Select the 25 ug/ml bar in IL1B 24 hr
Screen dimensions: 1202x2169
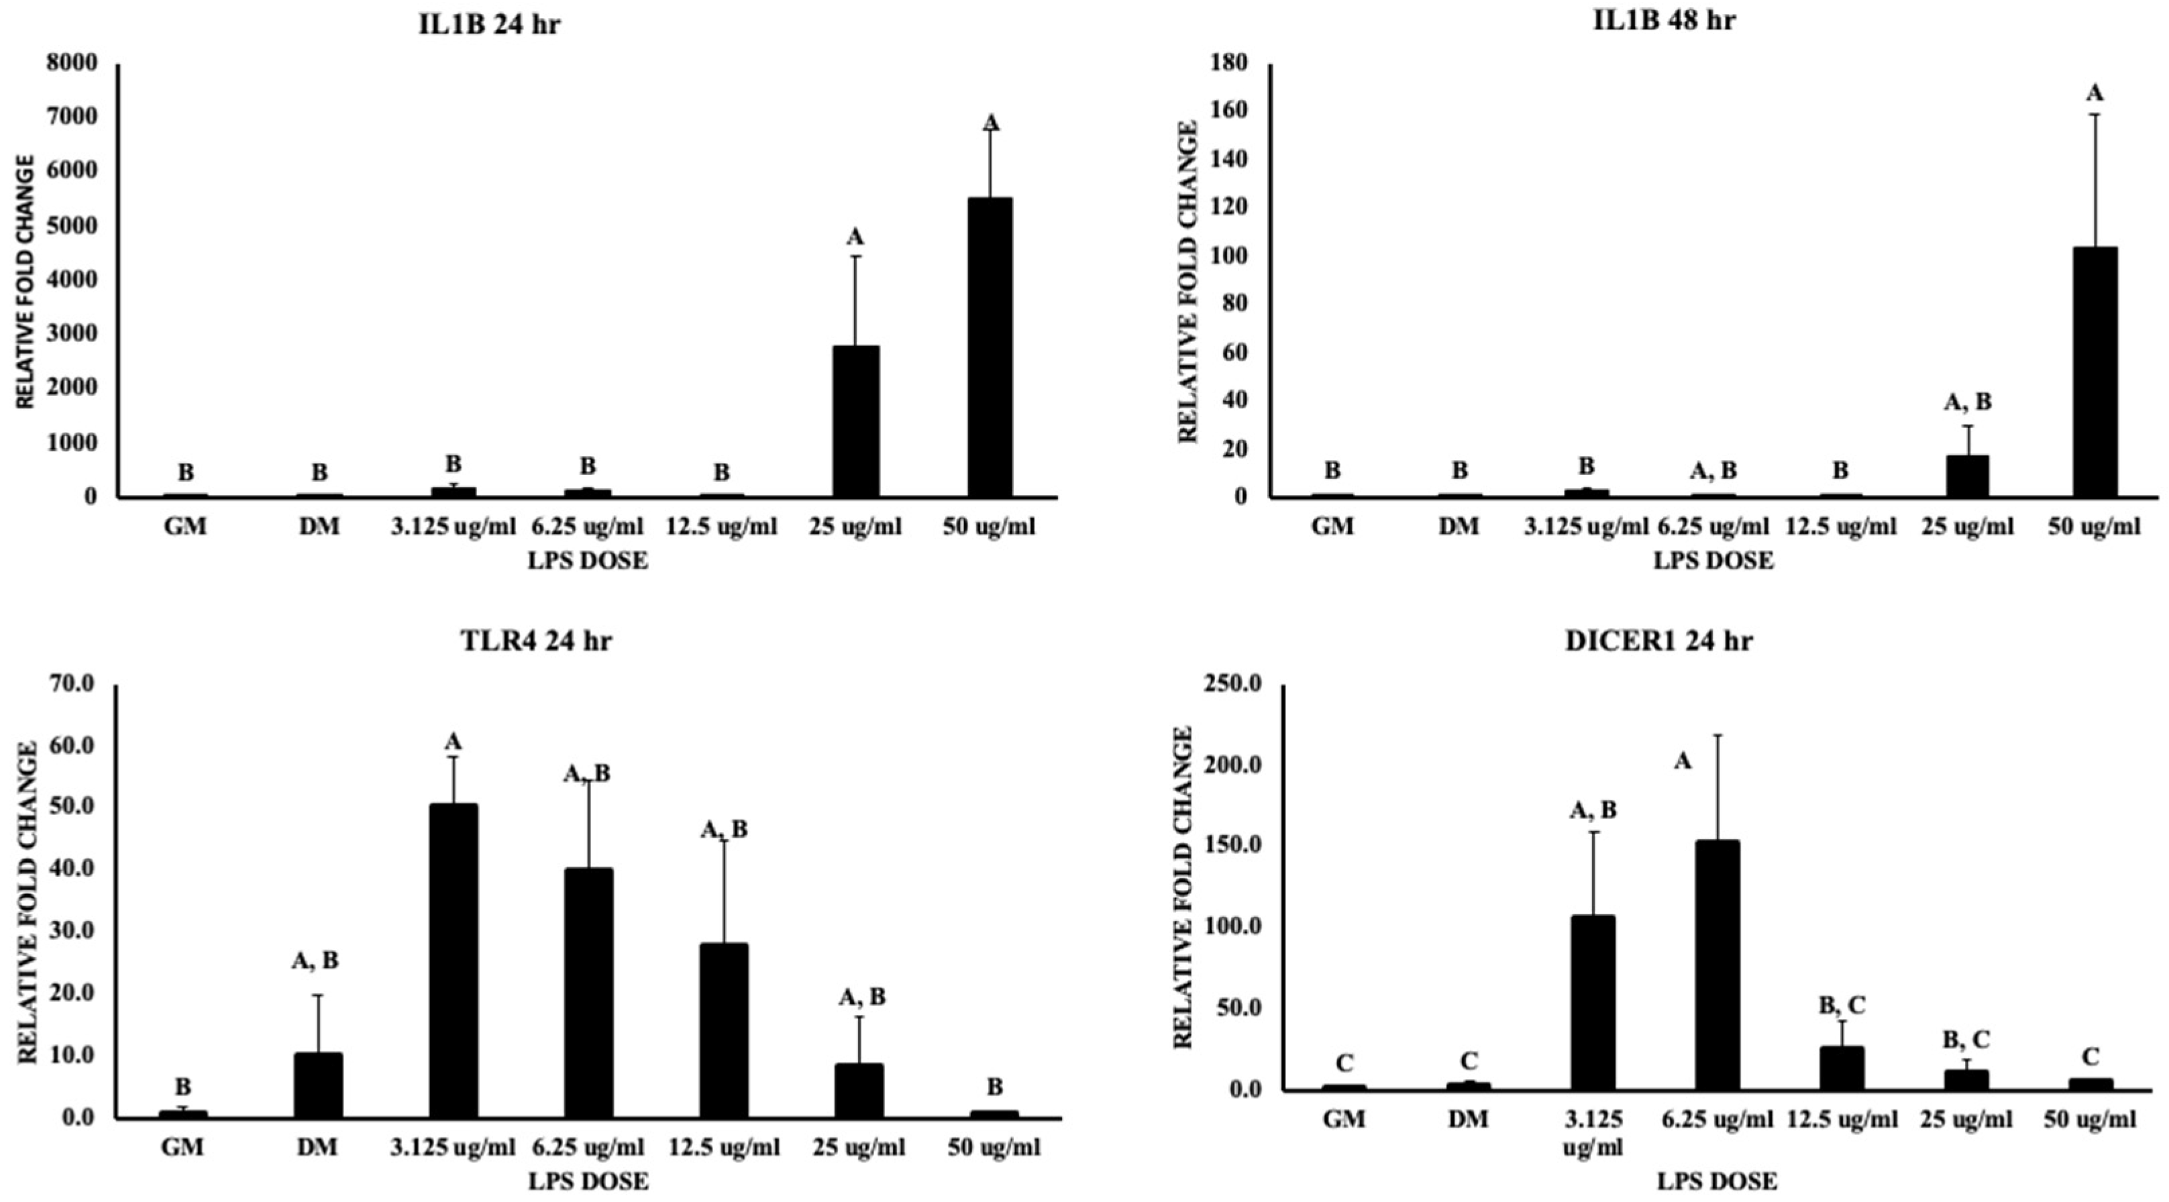(x=855, y=421)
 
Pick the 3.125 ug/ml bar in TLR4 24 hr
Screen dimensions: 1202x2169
(x=453, y=961)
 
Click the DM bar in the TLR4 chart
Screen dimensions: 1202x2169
(x=318, y=1085)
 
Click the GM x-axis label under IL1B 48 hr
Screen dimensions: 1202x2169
(x=1333, y=527)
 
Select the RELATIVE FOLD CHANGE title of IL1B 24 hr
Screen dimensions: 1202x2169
(x=25, y=282)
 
